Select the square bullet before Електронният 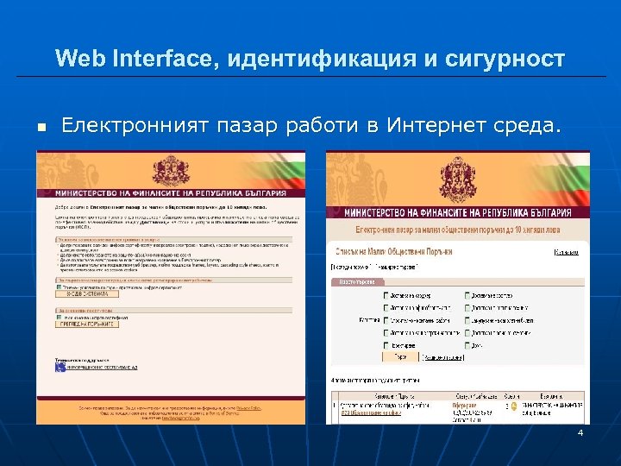40,129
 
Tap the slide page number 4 580,432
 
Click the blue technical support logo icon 60,367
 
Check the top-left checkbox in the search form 386,296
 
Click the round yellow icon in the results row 513,404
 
